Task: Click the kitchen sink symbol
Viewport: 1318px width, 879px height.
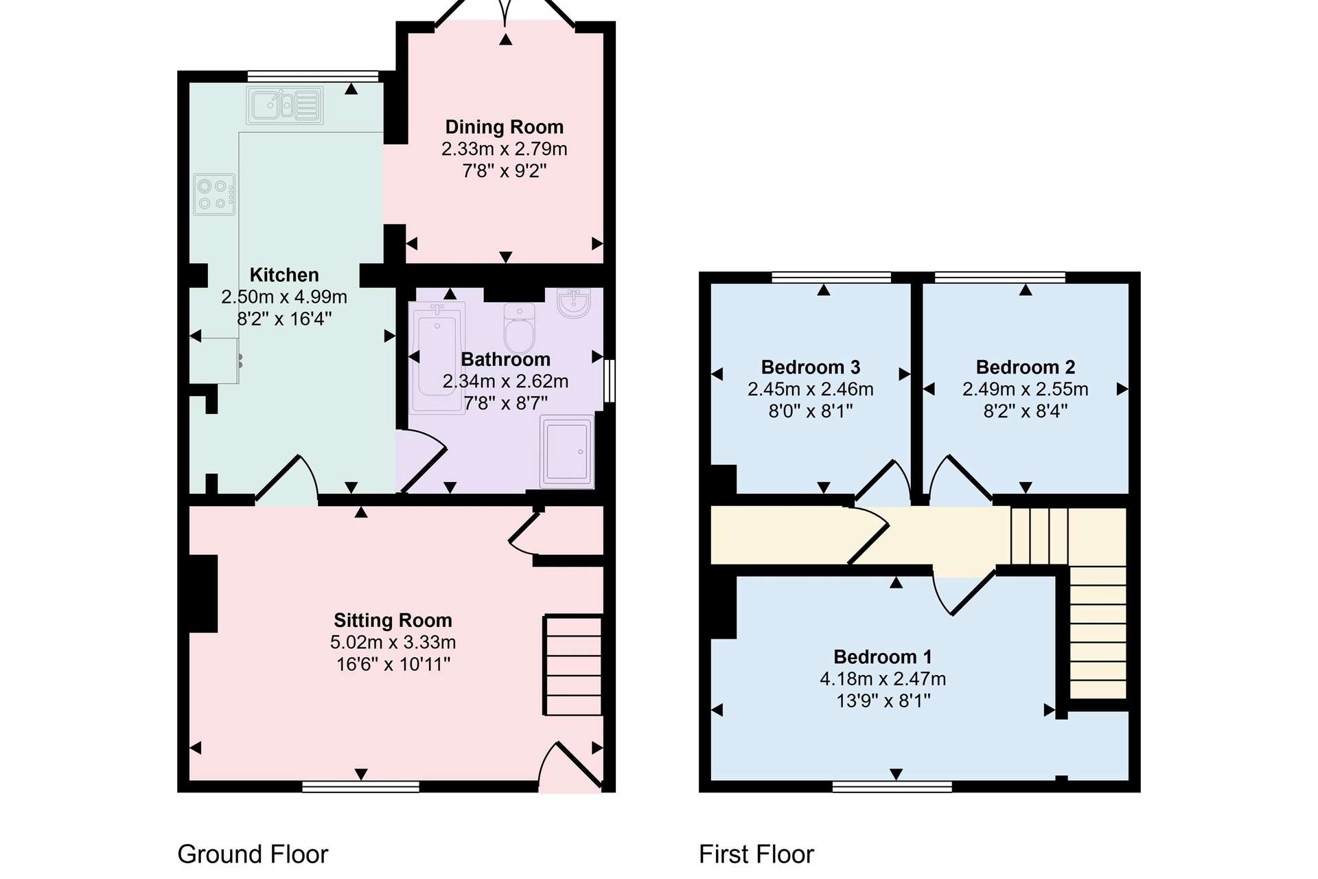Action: coord(285,105)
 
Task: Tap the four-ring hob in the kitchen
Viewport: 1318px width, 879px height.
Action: coord(214,194)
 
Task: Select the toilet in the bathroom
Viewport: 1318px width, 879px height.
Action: coord(520,328)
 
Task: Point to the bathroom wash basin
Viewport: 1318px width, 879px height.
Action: coord(573,303)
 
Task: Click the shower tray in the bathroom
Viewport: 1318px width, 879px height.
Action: coord(567,451)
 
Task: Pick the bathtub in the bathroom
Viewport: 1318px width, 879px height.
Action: coord(437,357)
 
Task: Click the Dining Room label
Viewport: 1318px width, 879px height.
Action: coord(505,127)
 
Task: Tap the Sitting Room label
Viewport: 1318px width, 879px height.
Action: coord(393,621)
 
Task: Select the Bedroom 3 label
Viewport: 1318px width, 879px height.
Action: coord(811,367)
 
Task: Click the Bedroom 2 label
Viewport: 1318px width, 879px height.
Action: coord(1026,367)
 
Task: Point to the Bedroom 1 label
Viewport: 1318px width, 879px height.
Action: coord(883,657)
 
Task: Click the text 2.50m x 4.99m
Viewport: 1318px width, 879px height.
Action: coord(284,297)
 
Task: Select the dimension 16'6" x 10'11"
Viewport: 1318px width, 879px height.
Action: coord(393,664)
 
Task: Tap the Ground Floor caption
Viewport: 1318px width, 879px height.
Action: coord(253,854)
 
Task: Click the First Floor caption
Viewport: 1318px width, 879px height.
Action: coord(756,854)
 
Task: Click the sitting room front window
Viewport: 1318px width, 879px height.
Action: coord(361,786)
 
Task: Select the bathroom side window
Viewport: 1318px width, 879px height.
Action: coord(609,380)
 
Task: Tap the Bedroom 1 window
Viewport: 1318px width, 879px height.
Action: coord(892,786)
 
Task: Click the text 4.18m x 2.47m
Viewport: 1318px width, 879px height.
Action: coord(883,679)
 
